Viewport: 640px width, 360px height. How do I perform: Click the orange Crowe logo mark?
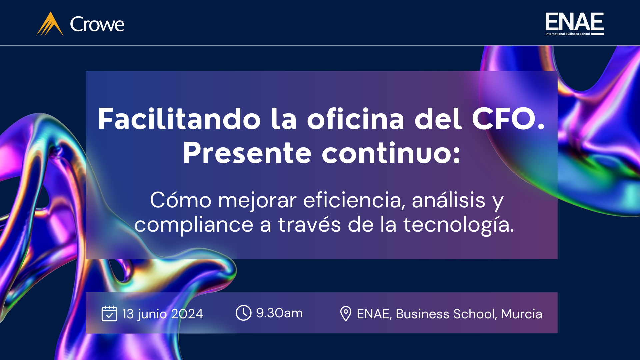click(50, 24)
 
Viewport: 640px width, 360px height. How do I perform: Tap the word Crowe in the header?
click(97, 24)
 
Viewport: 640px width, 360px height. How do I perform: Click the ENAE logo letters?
click(574, 22)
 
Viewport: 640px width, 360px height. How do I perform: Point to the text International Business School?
click(568, 34)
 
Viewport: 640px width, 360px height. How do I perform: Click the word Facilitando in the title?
click(179, 119)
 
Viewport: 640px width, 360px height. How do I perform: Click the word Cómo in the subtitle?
click(181, 200)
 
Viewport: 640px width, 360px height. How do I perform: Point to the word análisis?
click(448, 200)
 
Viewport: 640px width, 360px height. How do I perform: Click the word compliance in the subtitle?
click(194, 225)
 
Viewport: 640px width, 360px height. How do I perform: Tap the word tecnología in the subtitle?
click(456, 225)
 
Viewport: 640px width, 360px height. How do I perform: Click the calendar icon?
click(109, 313)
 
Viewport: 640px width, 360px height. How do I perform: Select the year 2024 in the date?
click(187, 314)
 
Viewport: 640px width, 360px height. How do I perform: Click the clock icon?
click(244, 313)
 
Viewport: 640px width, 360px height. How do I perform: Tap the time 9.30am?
click(279, 313)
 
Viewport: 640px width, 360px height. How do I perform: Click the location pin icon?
click(346, 314)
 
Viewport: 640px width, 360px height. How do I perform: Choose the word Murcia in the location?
click(522, 314)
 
